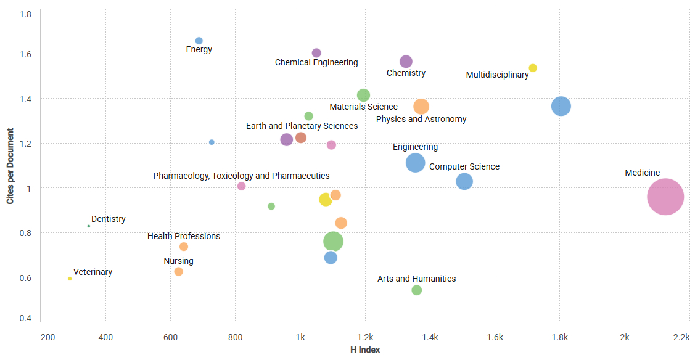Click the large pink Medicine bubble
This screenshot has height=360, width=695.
pos(665,197)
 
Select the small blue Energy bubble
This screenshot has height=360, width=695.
pos(199,41)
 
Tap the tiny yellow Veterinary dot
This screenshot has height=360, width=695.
pos(70,279)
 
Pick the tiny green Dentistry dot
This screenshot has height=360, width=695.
pos(89,226)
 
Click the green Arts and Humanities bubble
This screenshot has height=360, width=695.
pos(417,290)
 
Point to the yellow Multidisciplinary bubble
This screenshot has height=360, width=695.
pos(533,68)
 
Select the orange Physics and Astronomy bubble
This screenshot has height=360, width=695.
pos(421,107)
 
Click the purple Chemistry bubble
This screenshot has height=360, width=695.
pos(406,62)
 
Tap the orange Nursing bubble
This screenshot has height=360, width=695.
pos(178,272)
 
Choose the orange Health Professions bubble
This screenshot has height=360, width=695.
pos(184,247)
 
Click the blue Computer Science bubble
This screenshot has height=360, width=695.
pos(464,181)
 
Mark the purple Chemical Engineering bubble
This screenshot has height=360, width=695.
pos(316,53)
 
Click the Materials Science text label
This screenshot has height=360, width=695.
pos(363,107)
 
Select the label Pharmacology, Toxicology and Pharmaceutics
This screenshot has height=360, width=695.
pos(241,176)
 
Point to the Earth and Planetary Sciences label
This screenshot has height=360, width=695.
pos(302,126)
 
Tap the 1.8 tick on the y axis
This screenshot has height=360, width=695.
pos(26,14)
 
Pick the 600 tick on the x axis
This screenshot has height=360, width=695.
pos(170,337)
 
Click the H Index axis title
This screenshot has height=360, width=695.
pos(365,350)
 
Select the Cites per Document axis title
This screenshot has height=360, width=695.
pos(10,166)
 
